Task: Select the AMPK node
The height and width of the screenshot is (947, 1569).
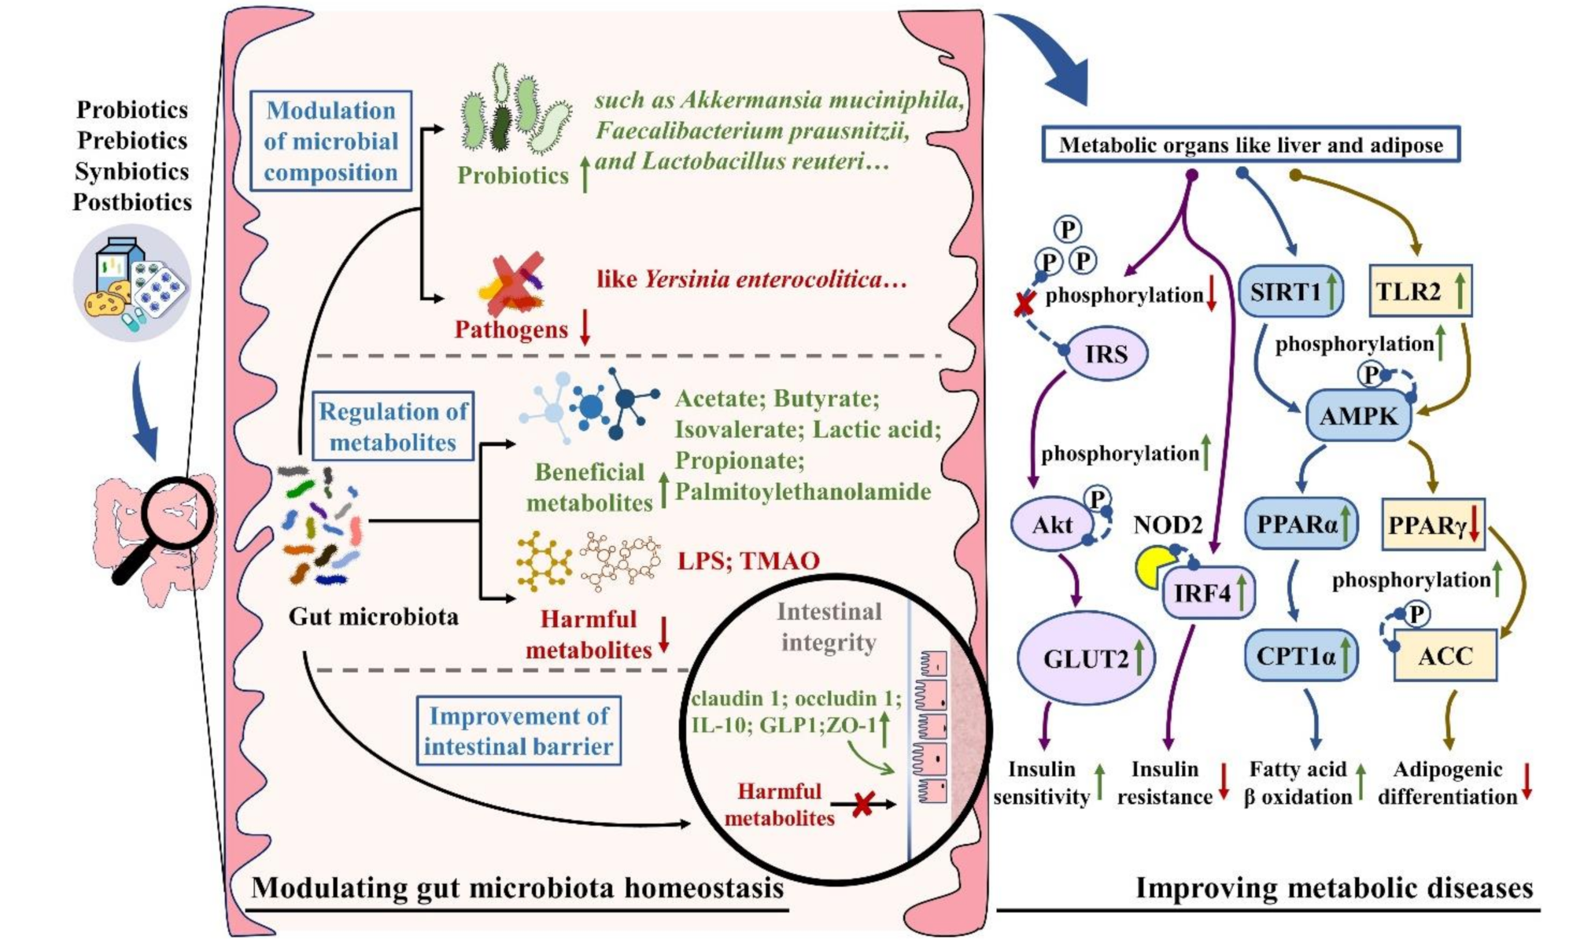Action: (1358, 415)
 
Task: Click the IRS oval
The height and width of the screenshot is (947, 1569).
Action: (1106, 354)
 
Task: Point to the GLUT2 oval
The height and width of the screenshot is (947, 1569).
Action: (1086, 658)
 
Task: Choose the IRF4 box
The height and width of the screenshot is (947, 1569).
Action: (1209, 592)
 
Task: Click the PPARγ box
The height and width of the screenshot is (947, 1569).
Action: (1434, 524)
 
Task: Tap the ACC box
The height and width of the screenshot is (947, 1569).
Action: (1445, 655)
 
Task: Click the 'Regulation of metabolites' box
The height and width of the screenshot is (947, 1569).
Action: (393, 426)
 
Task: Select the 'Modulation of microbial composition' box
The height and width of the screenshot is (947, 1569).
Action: (330, 142)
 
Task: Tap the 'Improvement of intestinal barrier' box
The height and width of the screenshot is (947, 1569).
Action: (518, 731)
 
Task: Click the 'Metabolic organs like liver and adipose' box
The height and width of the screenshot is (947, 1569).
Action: (1250, 145)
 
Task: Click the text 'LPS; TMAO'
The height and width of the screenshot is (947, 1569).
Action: (748, 561)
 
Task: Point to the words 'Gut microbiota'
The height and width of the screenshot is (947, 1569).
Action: (373, 616)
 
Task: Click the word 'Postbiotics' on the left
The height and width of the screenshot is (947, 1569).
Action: (132, 202)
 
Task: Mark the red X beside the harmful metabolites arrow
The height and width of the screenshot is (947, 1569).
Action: (863, 804)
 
